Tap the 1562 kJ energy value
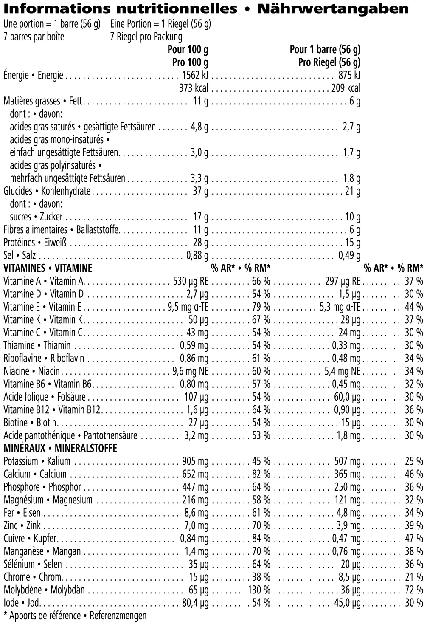click(x=195, y=76)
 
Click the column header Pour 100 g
click(x=188, y=50)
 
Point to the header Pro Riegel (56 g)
click(x=329, y=62)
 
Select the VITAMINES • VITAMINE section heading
click(x=48, y=268)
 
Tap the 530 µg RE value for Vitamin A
click(x=191, y=281)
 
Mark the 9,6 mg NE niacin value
click(x=190, y=371)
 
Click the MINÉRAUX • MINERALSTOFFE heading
click(x=60, y=448)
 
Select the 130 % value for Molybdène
click(x=259, y=590)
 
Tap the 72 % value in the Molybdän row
click(x=413, y=590)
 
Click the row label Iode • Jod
click(x=21, y=603)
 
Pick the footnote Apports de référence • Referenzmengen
click(x=78, y=616)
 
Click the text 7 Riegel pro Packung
click(x=146, y=37)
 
